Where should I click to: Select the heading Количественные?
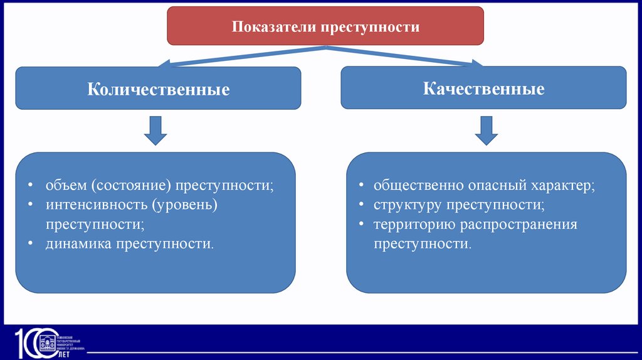point(158,90)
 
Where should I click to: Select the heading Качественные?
point(483,88)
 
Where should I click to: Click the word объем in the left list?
point(65,187)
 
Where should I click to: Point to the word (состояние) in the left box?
point(131,187)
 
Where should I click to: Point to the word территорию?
point(414,224)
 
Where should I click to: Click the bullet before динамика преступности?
point(31,243)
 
